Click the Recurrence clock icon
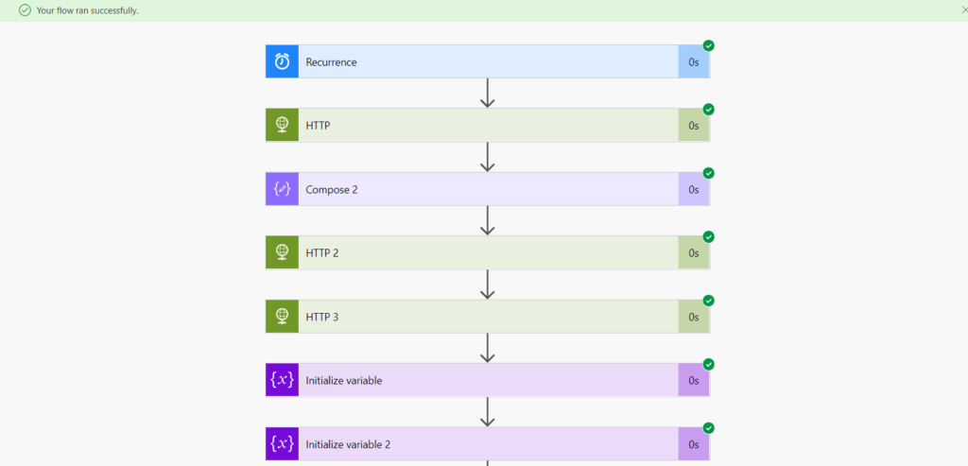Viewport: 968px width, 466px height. click(282, 61)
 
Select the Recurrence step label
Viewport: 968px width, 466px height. click(331, 62)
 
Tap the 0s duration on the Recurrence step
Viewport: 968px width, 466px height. click(693, 62)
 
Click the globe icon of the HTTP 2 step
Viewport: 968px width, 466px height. click(282, 253)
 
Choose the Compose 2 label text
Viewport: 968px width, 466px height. click(332, 190)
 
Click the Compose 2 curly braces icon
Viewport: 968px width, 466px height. click(282, 189)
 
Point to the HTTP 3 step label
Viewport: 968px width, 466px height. click(322, 317)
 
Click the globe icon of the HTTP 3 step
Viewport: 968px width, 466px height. click(282, 317)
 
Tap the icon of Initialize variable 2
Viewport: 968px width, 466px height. click(282, 444)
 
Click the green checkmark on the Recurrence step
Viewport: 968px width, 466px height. click(708, 45)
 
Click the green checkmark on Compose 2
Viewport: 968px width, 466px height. click(708, 173)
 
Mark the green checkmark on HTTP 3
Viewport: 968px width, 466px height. click(708, 301)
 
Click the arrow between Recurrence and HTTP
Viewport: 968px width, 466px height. click(488, 93)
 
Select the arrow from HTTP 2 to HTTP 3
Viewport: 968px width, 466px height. click(488, 285)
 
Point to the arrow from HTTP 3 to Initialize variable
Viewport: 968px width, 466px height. click(488, 348)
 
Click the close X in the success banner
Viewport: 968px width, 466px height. click(963, 9)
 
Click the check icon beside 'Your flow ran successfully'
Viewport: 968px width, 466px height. click(25, 10)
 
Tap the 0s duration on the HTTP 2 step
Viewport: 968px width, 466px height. click(693, 253)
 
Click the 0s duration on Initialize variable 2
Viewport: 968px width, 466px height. click(693, 444)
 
